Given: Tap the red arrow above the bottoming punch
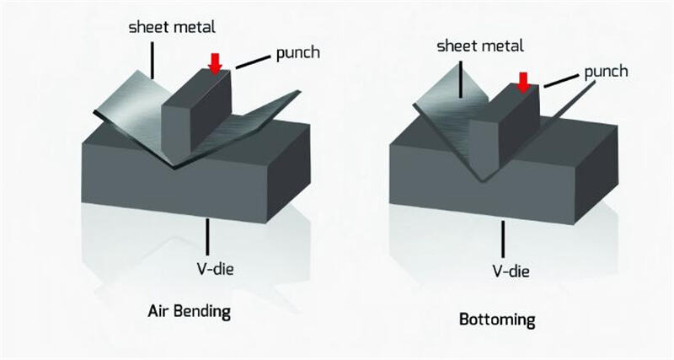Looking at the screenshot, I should coord(524,82).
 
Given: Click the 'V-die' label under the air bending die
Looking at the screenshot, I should coord(206,269).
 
